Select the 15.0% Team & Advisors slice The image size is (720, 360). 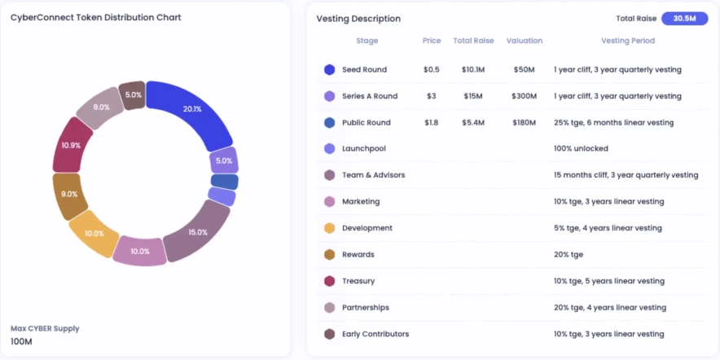tap(198, 231)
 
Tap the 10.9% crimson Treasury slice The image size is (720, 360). tap(72, 145)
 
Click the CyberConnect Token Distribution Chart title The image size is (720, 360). tap(96, 17)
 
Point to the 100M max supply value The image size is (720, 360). tap(22, 341)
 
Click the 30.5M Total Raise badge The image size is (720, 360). tap(684, 18)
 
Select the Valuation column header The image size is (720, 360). tap(524, 41)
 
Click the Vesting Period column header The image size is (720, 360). tap(627, 41)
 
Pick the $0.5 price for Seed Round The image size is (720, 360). tap(432, 70)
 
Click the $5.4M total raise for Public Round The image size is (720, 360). tap(472, 123)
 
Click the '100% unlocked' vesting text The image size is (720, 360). tap(581, 149)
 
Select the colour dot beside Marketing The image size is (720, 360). tap(329, 202)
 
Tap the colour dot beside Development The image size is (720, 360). tap(329, 228)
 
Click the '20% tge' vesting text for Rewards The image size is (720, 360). tap(569, 255)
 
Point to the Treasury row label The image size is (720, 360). tap(358, 281)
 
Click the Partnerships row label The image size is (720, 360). tap(366, 308)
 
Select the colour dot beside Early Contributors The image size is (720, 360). tap(329, 334)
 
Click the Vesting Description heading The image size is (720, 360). tap(358, 18)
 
